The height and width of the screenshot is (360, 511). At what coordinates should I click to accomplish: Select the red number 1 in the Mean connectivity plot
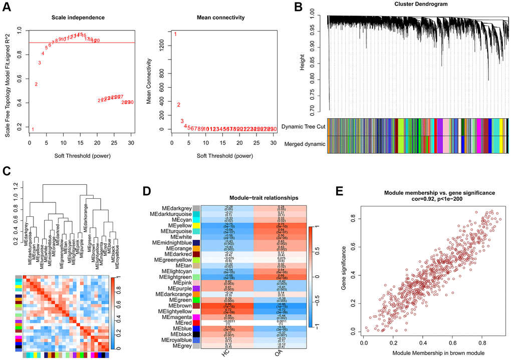coord(175,34)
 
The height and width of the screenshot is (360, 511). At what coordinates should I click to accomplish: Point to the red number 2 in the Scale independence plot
coord(36,84)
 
